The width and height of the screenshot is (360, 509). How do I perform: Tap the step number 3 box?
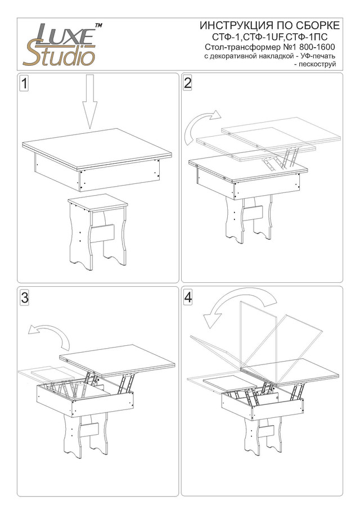tap(24, 299)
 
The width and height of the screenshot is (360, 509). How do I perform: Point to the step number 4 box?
tap(188, 298)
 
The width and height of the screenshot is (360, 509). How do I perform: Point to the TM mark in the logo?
tap(98, 25)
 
